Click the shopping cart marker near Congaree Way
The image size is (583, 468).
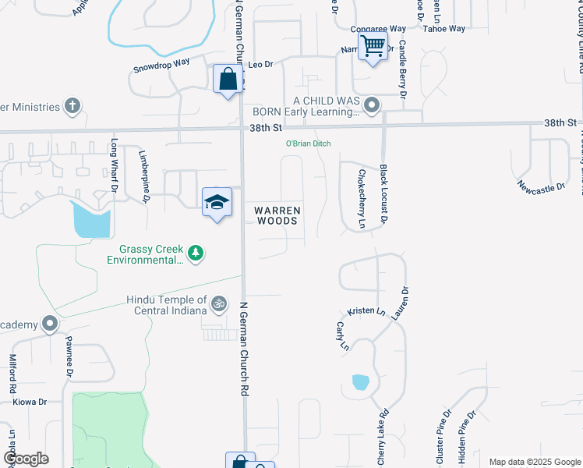click(373, 46)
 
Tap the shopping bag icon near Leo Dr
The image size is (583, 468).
click(228, 80)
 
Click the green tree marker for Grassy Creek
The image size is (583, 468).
click(196, 253)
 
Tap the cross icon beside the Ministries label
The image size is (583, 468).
click(72, 106)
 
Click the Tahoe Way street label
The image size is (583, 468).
click(443, 29)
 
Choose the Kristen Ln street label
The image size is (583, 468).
click(366, 310)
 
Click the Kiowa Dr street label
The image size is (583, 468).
click(30, 402)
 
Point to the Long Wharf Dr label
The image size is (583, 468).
click(114, 165)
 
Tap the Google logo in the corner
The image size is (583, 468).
click(26, 459)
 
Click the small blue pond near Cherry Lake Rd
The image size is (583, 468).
click(360, 382)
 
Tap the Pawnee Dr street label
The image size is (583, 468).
click(69, 353)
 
